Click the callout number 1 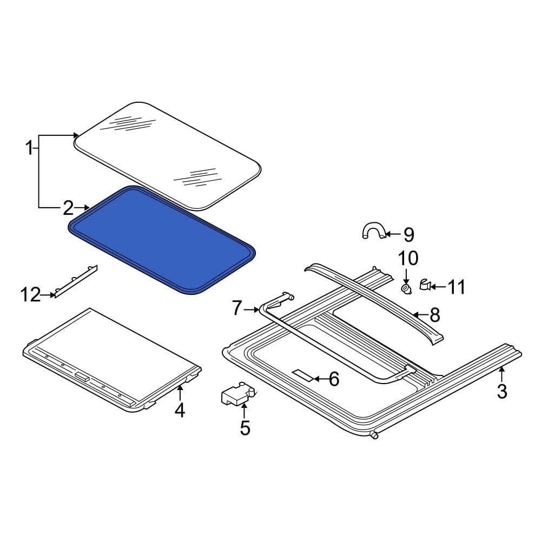30,148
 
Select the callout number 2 68,208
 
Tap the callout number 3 502,391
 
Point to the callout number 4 180,410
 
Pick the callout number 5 245,428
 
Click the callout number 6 334,379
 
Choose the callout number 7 236,308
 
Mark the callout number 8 434,315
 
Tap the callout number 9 408,235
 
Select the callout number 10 408,258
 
